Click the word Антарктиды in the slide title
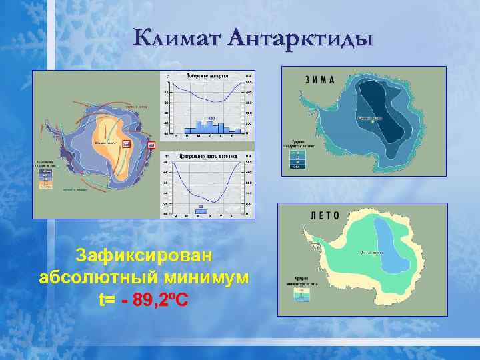(301, 38)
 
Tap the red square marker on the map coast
(151, 145)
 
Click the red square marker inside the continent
(126, 143)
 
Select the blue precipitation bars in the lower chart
(201, 211)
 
